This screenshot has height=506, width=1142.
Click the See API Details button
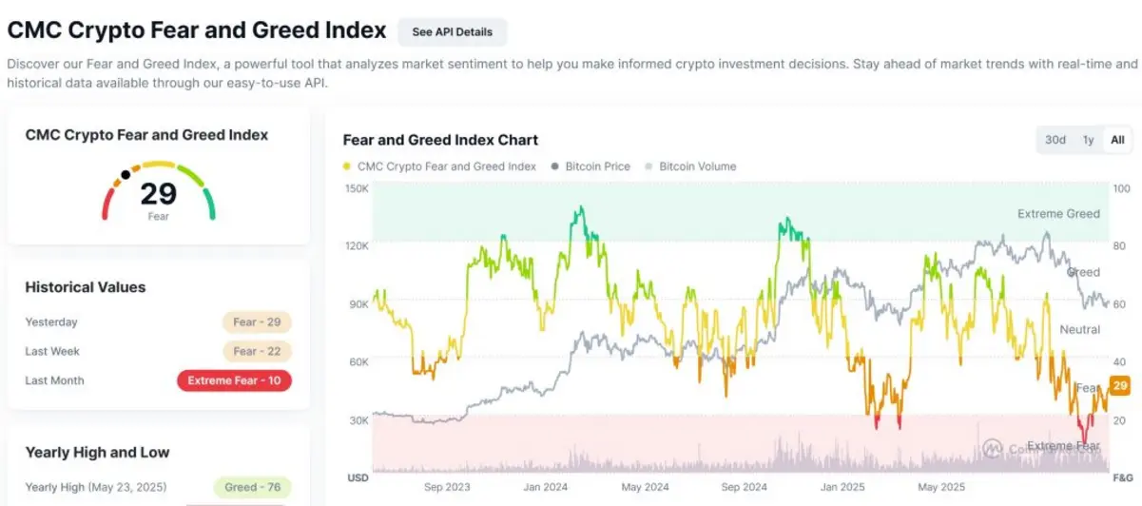[x=452, y=31]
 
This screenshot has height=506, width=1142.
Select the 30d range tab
[x=1055, y=140]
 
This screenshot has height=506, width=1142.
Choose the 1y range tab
[x=1088, y=140]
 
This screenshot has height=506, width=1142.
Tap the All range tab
[x=1117, y=140]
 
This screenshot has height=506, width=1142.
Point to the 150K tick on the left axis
[x=357, y=188]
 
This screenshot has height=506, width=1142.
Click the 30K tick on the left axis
[x=358, y=420]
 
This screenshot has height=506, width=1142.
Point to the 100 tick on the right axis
[x=1120, y=188]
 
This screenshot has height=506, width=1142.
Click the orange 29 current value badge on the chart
[x=1119, y=385]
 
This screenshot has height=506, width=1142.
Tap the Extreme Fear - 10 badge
[x=234, y=380]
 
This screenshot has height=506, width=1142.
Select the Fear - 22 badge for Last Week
[x=257, y=351]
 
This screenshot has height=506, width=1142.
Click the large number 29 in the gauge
[x=159, y=193]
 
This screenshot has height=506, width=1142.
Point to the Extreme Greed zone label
[x=1058, y=214]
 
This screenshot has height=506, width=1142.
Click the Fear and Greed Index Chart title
[x=440, y=140]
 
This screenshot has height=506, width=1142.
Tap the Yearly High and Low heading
[x=97, y=452]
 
